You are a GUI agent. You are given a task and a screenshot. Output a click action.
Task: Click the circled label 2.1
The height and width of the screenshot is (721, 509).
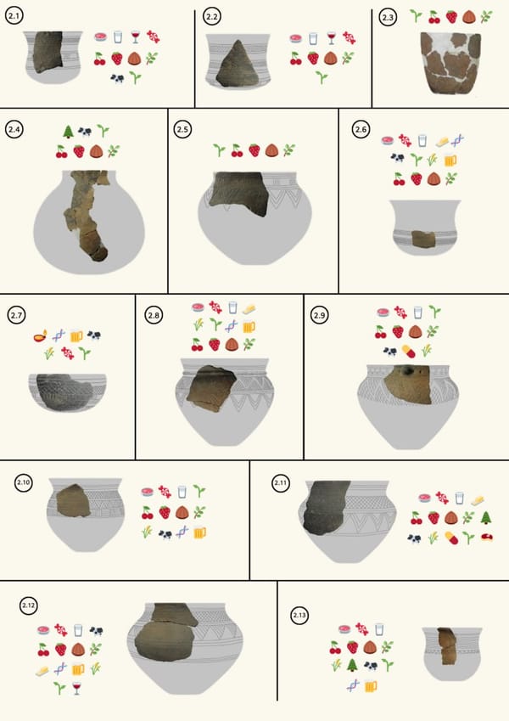(x=14, y=16)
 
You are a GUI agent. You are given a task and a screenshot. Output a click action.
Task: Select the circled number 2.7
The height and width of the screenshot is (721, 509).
(x=16, y=315)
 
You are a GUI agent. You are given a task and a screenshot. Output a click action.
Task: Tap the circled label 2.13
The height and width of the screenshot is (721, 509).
(x=299, y=615)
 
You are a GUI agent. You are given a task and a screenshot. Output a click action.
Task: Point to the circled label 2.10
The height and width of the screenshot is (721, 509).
(x=24, y=483)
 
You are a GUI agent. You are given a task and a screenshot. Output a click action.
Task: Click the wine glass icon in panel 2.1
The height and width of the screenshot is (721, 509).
(x=136, y=37)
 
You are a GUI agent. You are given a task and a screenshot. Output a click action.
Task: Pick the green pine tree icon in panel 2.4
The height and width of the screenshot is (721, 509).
(x=68, y=132)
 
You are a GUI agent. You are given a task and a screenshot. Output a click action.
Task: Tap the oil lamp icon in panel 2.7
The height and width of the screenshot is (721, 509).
(x=40, y=336)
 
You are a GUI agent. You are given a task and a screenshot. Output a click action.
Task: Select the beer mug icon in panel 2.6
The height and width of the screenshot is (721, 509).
(x=450, y=160)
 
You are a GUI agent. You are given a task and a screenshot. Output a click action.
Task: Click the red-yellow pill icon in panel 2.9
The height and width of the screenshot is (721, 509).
(x=408, y=352)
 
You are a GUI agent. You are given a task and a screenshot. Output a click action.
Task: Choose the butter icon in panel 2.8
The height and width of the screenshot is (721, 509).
(x=249, y=308)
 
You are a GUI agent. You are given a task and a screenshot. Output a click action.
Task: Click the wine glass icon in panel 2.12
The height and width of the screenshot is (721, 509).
(x=76, y=688)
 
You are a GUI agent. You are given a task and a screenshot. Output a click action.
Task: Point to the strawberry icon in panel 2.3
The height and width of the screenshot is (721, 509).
(x=451, y=17)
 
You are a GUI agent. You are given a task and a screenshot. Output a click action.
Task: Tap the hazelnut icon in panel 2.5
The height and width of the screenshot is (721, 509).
(x=271, y=150)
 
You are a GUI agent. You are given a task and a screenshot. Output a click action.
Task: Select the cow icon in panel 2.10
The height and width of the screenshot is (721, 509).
(x=165, y=534)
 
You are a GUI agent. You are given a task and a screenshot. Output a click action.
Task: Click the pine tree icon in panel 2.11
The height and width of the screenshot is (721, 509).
(x=485, y=518)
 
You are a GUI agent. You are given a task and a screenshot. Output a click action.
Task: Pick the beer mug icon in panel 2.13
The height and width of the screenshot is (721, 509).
(x=370, y=686)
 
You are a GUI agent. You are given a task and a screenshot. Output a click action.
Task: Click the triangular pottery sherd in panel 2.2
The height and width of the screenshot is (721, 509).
(x=238, y=64)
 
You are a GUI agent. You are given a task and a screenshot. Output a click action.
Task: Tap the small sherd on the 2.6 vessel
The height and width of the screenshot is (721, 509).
(x=423, y=239)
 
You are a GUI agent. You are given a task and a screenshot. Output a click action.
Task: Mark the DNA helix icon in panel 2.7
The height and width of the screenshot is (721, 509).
(x=59, y=335)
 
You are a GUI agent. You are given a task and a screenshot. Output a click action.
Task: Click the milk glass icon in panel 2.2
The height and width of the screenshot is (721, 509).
(x=313, y=38)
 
